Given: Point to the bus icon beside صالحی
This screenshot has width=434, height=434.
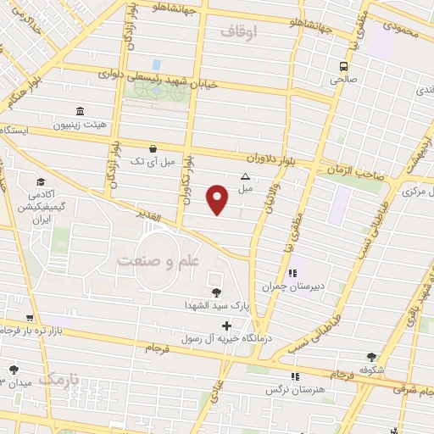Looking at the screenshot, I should coord(343,66).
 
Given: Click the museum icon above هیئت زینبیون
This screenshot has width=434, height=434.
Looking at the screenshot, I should coord(80,112).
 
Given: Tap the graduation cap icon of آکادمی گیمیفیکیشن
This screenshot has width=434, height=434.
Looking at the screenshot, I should coord(41,182).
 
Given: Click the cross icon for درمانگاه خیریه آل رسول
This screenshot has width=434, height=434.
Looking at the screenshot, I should coord(225,325).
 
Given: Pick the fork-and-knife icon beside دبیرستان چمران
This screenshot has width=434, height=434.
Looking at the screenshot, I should coord(292,273).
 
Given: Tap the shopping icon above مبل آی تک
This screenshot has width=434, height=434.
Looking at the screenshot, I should coord(152,147).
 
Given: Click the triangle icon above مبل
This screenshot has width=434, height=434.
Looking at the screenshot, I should coord(245,176).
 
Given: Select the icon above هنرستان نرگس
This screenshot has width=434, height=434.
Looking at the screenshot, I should coord(294,376).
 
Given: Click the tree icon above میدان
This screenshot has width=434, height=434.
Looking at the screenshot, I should coord(14,369).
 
